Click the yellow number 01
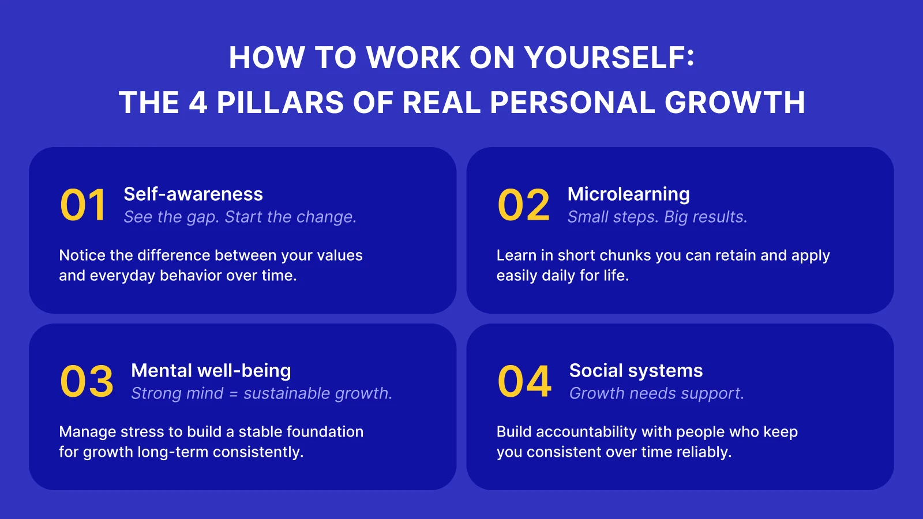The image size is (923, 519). click(x=83, y=205)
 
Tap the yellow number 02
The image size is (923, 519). click(x=524, y=205)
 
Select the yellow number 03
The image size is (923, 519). click(x=87, y=382)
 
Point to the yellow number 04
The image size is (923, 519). click(x=524, y=382)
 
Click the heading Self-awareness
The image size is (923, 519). click(x=193, y=194)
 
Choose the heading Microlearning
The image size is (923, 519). click(x=628, y=194)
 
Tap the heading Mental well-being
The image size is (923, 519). click(x=211, y=371)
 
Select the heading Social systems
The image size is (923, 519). click(x=636, y=371)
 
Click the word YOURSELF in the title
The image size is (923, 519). click(x=609, y=58)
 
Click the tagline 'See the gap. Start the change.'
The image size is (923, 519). click(x=240, y=217)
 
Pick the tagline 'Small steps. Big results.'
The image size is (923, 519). click(x=657, y=217)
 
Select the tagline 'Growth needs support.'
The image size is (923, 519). click(x=656, y=394)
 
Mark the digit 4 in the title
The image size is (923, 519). click(x=198, y=103)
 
